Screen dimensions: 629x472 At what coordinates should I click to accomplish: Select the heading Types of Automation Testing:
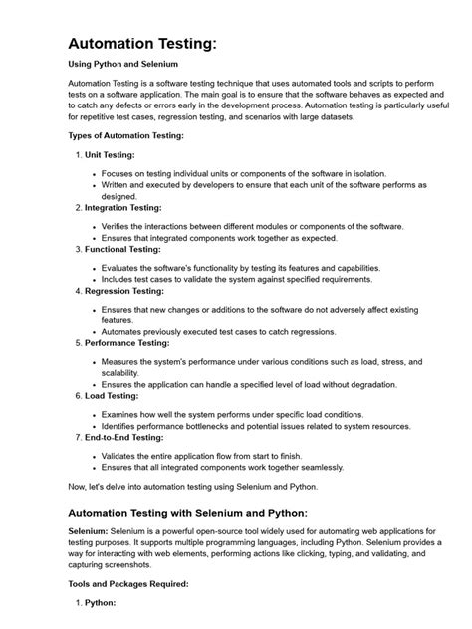125,135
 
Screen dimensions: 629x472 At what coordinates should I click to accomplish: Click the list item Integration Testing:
127,208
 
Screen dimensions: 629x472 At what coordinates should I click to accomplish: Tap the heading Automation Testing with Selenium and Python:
187,513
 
